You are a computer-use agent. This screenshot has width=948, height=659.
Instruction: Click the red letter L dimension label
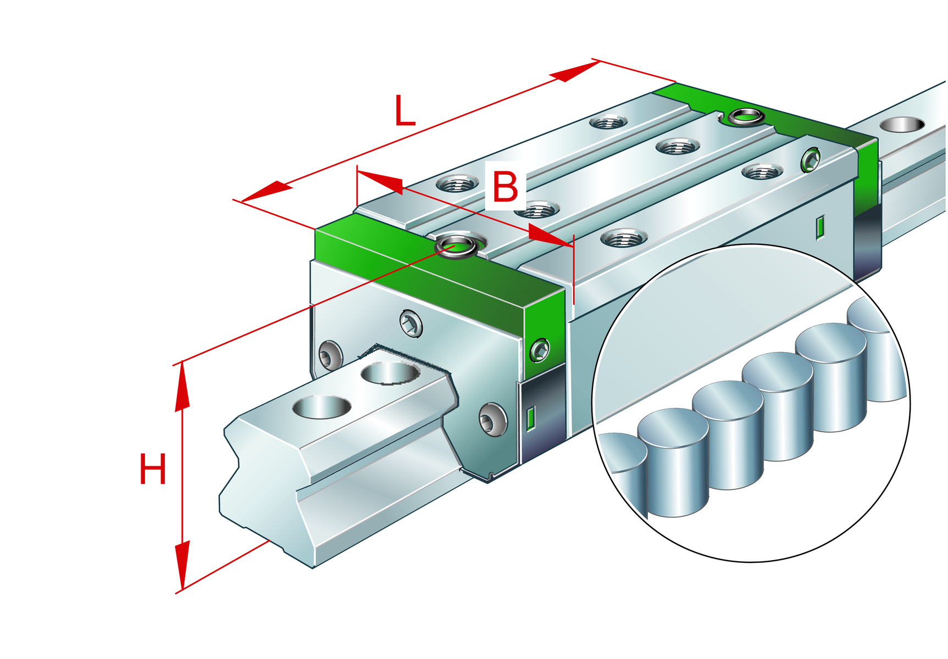(x=404, y=111)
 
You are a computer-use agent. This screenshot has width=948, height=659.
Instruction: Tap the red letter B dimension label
(x=505, y=187)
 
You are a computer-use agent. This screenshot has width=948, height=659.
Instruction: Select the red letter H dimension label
(x=152, y=469)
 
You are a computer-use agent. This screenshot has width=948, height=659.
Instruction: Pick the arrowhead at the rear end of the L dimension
(x=574, y=71)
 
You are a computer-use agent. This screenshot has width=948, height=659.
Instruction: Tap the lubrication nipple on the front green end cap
(x=456, y=245)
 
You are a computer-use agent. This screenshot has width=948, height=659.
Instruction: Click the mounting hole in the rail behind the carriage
(x=902, y=125)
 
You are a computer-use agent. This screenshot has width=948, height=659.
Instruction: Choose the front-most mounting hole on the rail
(x=321, y=407)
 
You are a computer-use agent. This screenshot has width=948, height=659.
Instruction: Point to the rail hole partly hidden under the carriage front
(x=390, y=374)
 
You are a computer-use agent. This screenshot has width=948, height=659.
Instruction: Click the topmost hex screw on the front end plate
(x=411, y=324)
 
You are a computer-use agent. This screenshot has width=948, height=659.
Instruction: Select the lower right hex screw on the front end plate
(x=492, y=420)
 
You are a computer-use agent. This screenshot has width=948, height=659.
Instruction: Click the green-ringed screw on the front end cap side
(x=540, y=350)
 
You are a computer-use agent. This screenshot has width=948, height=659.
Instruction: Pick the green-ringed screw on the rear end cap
(x=811, y=160)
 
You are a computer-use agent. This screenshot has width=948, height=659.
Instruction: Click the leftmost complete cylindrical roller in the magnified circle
(x=674, y=461)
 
